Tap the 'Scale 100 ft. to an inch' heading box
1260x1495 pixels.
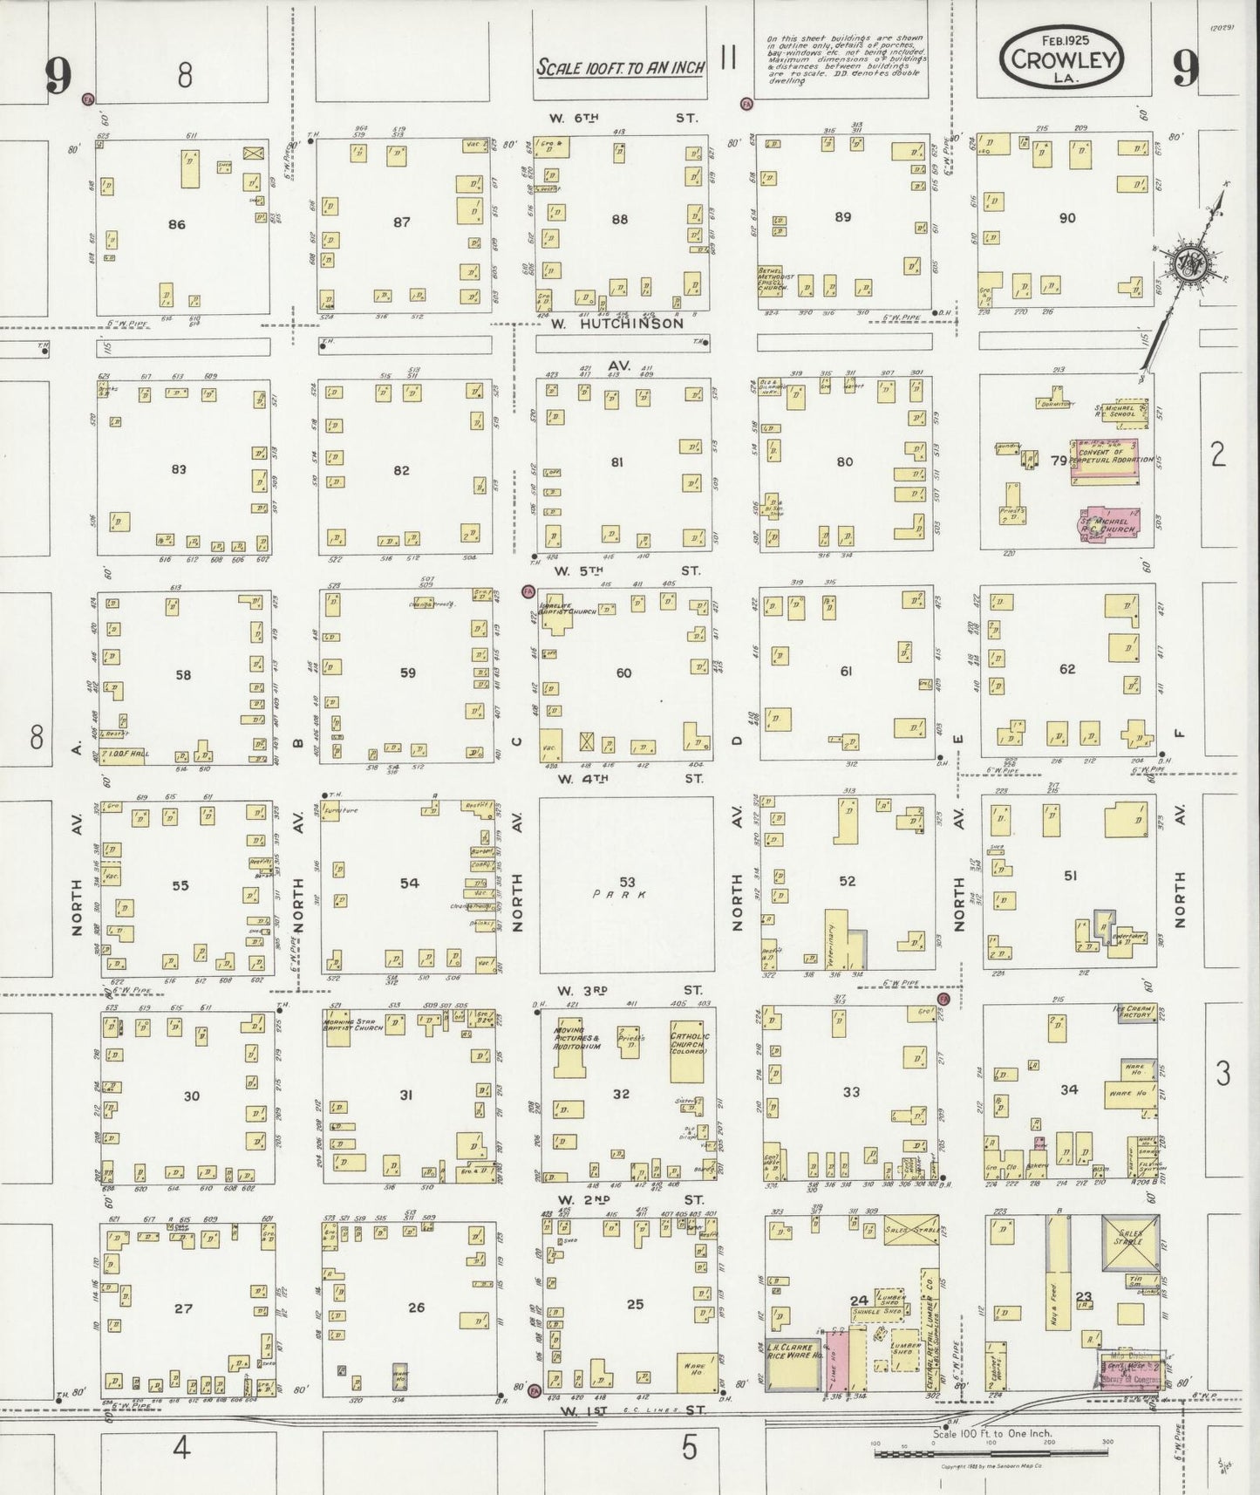[x=620, y=67]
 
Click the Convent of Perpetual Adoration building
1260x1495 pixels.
[x=1106, y=459]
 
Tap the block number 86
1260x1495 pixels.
[x=177, y=225]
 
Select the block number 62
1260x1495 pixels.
[x=1066, y=670]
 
